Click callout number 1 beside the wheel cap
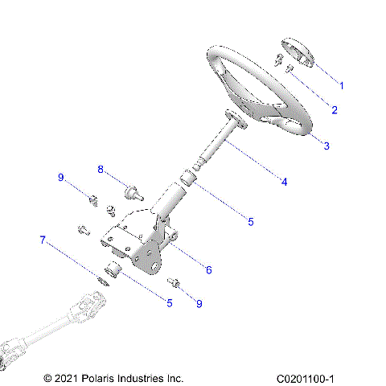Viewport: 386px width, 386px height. click(x=341, y=85)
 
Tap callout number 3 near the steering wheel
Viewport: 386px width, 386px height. click(x=326, y=146)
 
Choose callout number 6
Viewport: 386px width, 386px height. click(x=208, y=270)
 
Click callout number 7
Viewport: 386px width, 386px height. click(x=43, y=240)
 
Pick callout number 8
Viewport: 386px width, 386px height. click(x=101, y=170)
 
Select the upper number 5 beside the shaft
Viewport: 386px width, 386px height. click(x=250, y=221)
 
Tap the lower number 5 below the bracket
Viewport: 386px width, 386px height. click(x=169, y=302)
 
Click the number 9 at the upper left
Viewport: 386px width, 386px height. click(x=60, y=178)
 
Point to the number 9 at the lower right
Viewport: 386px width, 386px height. click(x=199, y=303)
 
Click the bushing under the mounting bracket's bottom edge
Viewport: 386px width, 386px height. click(x=113, y=269)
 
